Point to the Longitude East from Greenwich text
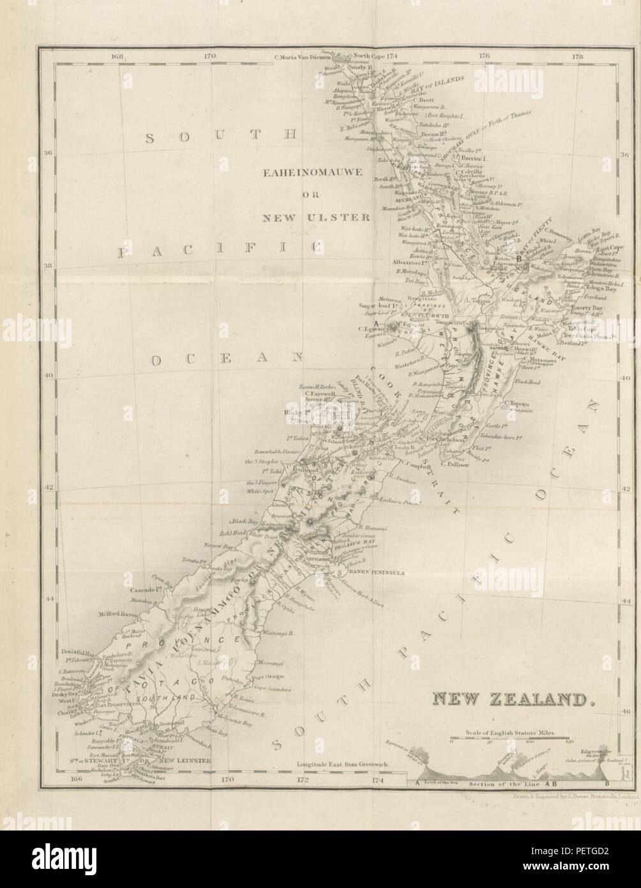point(342,764)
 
